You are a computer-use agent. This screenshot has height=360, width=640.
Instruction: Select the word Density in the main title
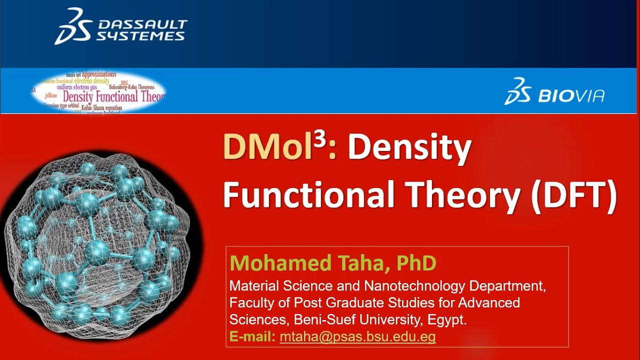tap(409, 148)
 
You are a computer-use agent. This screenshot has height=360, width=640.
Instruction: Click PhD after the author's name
tap(416, 263)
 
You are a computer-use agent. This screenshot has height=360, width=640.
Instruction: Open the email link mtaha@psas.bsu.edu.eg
tap(357, 337)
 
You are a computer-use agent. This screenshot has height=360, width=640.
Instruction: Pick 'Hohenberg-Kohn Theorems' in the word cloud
tap(131, 87)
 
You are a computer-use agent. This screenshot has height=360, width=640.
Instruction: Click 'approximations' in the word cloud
tap(99, 74)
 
